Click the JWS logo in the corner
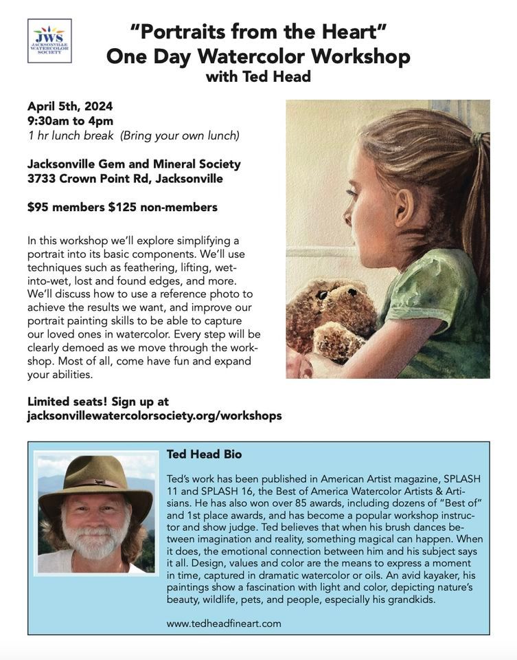[x=49, y=41]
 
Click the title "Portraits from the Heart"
[x=258, y=31]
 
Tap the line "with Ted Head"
[x=258, y=76]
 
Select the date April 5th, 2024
[x=70, y=106]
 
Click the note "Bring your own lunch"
[x=180, y=135]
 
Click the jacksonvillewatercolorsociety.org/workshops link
[x=154, y=416]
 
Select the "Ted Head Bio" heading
[x=204, y=454]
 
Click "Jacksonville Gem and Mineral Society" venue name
[x=134, y=164]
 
